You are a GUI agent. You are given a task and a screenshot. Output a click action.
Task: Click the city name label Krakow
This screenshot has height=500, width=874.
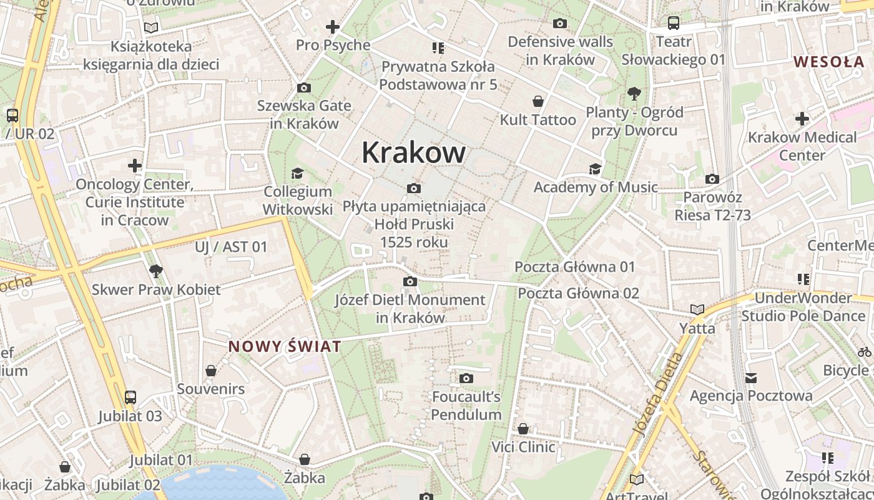(413, 152)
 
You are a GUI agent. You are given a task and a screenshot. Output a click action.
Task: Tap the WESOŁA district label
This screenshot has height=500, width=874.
(828, 61)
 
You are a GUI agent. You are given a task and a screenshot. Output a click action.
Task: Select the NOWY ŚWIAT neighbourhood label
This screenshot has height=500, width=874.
(285, 346)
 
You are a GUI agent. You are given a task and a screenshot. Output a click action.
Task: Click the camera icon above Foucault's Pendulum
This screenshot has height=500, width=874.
(466, 378)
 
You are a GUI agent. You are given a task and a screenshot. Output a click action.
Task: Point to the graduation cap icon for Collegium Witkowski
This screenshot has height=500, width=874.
(298, 173)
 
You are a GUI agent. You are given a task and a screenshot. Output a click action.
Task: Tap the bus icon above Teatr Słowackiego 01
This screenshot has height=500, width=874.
(673, 24)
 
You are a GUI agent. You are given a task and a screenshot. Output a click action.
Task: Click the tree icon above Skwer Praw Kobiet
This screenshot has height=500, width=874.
(156, 271)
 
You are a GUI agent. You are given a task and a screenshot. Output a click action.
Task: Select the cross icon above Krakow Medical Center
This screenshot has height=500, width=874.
(802, 119)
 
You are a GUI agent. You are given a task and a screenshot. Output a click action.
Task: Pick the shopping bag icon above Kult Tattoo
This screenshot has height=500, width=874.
(538, 101)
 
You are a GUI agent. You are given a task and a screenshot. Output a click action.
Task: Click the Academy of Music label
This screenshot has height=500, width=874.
(595, 187)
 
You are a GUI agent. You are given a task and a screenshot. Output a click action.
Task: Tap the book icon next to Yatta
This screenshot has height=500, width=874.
(697, 310)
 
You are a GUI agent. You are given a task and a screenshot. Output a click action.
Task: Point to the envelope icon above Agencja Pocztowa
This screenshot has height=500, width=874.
(751, 377)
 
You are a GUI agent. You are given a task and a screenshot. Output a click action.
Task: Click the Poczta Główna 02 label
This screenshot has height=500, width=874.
(578, 293)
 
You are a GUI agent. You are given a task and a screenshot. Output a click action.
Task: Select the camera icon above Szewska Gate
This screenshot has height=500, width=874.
(304, 87)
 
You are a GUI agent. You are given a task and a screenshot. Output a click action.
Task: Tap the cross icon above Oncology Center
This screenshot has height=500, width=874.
(135, 166)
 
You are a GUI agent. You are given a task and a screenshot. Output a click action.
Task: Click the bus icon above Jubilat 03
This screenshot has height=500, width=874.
(130, 397)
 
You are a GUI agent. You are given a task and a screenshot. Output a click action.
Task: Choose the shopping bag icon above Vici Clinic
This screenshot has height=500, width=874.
(523, 429)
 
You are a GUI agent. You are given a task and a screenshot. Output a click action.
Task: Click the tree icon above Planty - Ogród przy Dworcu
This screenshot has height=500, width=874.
(634, 94)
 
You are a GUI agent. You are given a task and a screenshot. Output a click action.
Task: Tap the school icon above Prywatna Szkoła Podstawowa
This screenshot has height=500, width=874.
(438, 47)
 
